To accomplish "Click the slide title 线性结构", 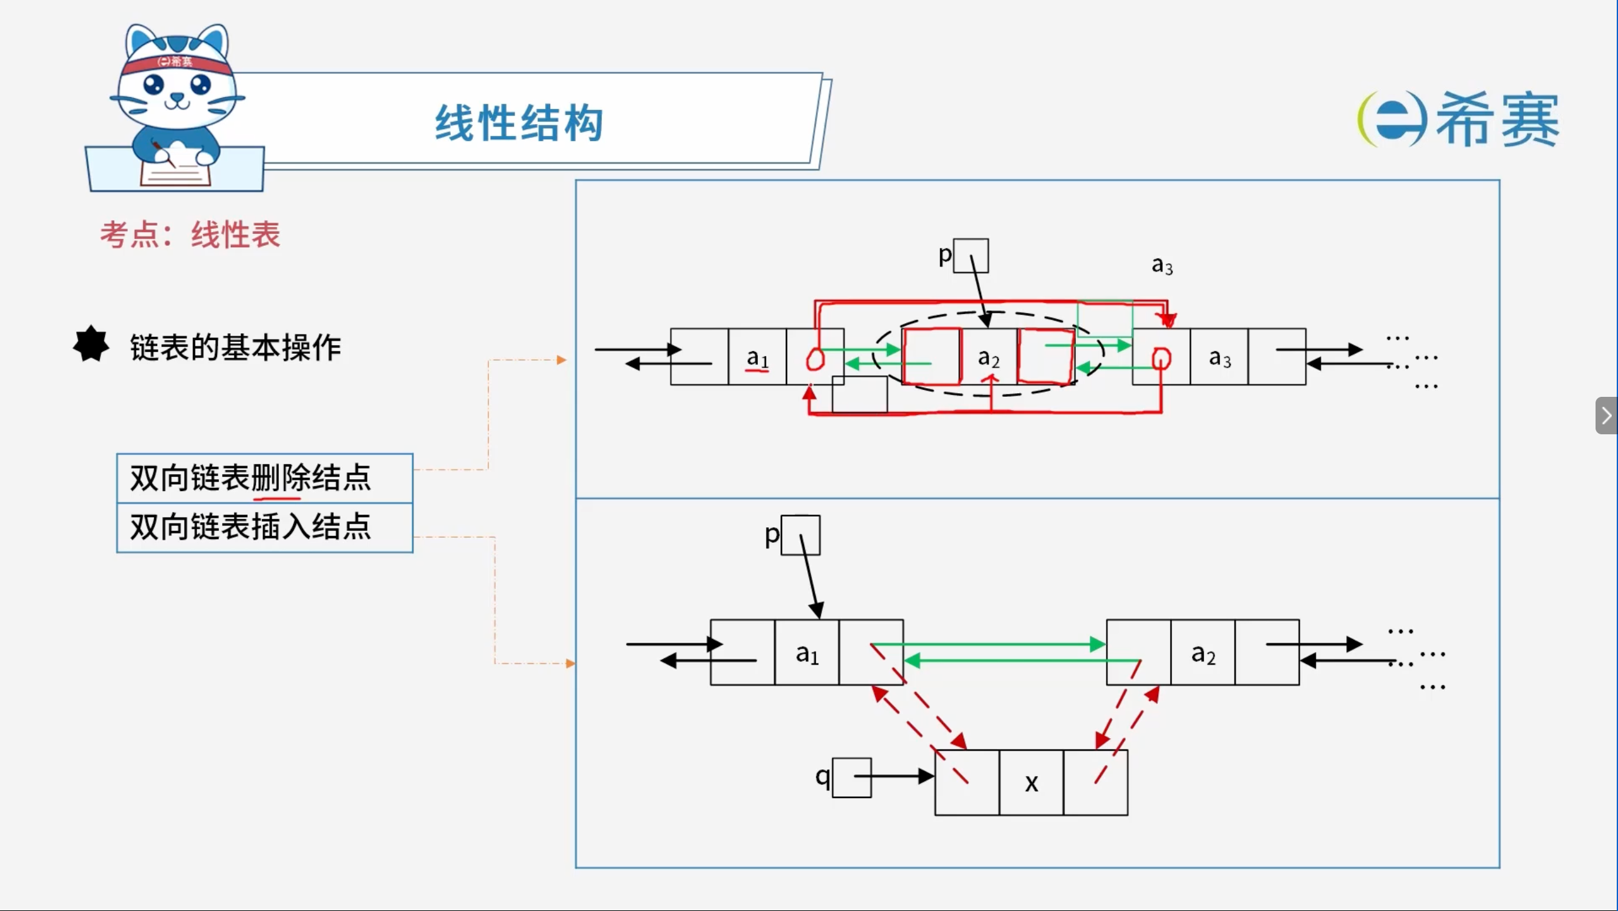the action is (519, 123).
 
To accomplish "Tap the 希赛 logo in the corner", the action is (1458, 119).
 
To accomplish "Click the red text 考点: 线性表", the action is (190, 235).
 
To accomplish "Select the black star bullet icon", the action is (91, 344).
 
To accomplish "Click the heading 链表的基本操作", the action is (236, 348).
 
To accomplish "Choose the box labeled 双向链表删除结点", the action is (264, 478).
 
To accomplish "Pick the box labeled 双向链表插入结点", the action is (264, 528).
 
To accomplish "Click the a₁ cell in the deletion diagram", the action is (757, 357).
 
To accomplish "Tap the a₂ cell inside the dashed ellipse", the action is (989, 357).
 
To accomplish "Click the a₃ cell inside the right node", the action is (1219, 357).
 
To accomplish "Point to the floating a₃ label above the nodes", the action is (1162, 266).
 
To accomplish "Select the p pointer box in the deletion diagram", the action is (971, 256).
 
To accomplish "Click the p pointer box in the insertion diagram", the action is (800, 535).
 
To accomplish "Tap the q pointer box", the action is (851, 778).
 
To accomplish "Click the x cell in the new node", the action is (1031, 783).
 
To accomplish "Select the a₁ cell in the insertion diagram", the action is (807, 652).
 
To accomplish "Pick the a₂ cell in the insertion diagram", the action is (1203, 652).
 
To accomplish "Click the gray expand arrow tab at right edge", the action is (1607, 416).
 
